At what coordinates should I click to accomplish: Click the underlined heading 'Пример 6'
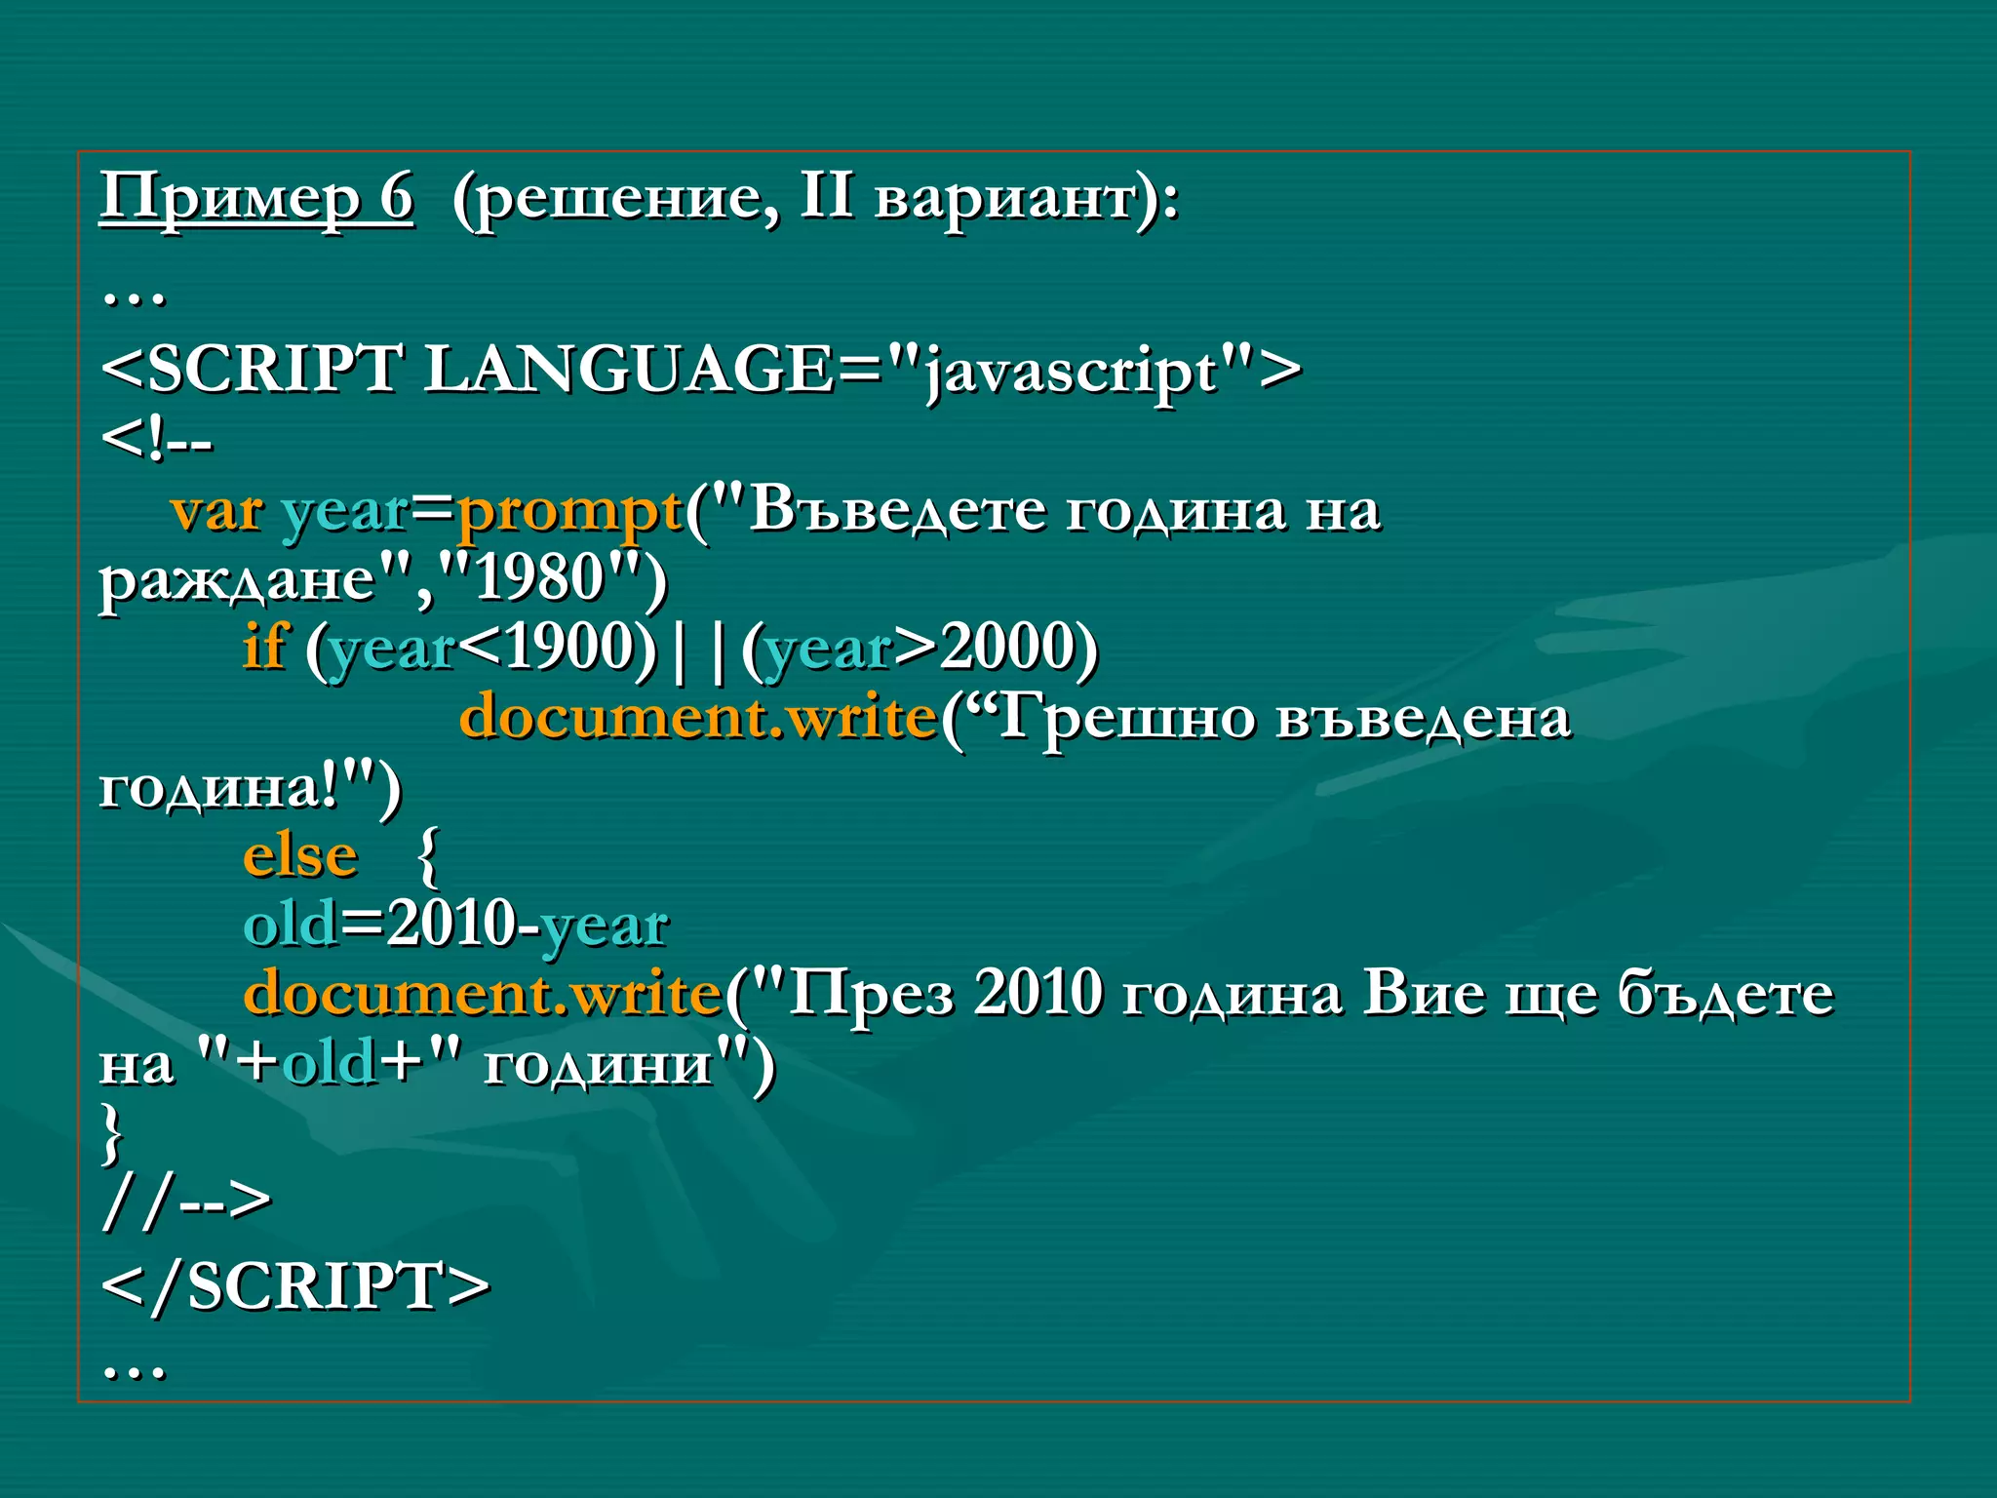click(256, 198)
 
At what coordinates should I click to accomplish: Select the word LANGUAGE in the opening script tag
click(628, 371)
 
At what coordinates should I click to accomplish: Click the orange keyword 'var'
click(215, 511)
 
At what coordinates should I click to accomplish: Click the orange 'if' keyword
click(263, 647)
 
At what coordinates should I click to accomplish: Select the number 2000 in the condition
click(1003, 648)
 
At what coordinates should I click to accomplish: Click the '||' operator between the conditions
click(698, 648)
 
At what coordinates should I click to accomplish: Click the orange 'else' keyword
click(300, 856)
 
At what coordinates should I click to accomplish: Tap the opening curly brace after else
click(427, 856)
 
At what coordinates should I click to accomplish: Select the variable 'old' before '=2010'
click(291, 925)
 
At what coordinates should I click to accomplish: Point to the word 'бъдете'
click(1726, 994)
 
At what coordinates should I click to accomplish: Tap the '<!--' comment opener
click(156, 441)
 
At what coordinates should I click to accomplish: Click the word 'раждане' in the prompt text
click(238, 580)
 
